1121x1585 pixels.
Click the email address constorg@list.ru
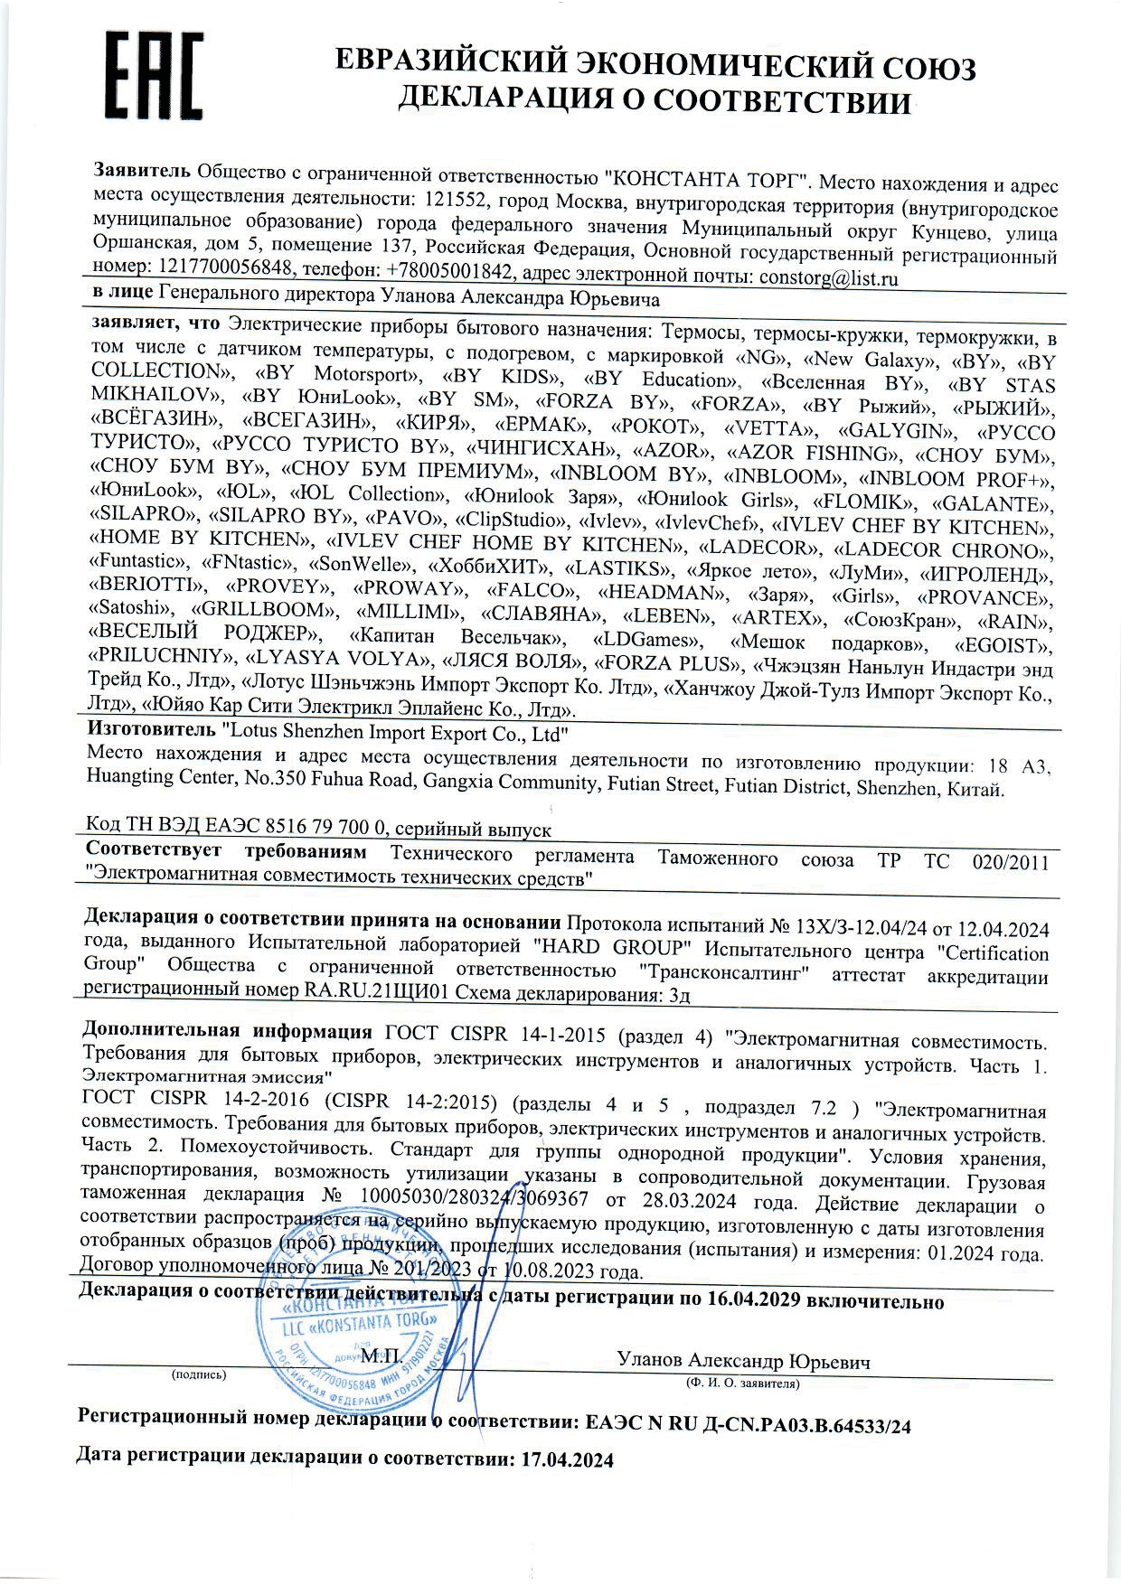point(828,278)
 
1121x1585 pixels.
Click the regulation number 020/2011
point(1010,861)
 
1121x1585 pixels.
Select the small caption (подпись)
point(199,1374)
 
